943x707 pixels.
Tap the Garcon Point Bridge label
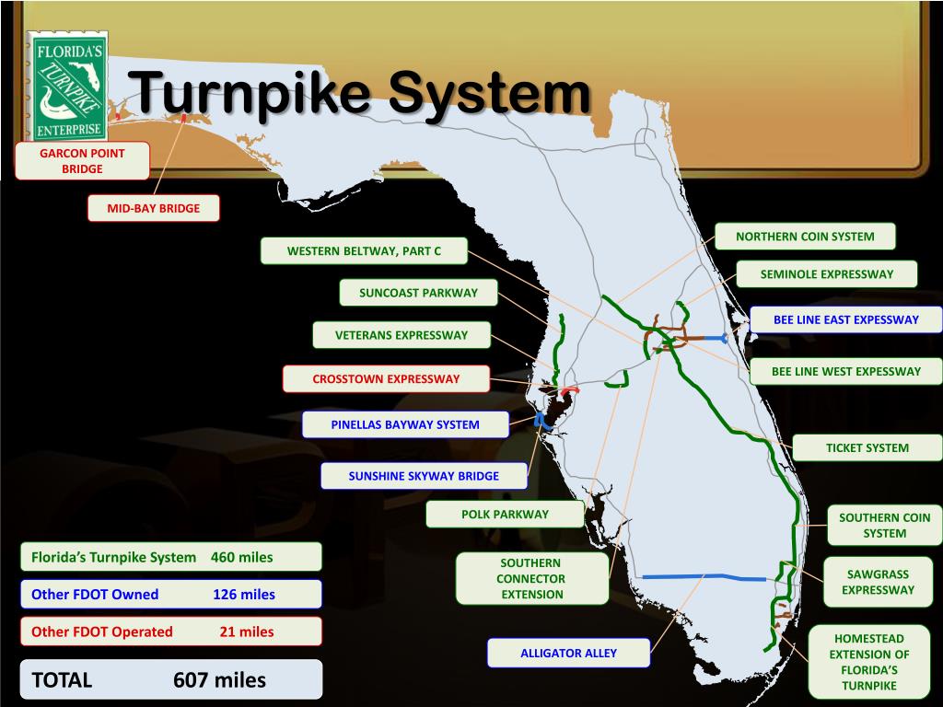(x=82, y=160)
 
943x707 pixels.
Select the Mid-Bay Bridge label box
(x=154, y=209)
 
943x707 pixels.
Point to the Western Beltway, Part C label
(x=364, y=250)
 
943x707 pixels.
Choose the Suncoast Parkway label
(x=419, y=293)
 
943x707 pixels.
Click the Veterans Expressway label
(x=402, y=335)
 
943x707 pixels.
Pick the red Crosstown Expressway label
(x=386, y=378)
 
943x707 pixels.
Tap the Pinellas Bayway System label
(x=405, y=424)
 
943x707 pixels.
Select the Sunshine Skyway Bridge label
(x=424, y=476)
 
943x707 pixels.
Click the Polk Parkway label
(x=505, y=515)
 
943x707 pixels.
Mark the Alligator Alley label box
(x=569, y=654)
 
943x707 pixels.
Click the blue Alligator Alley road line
(x=700, y=577)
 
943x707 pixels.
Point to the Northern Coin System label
(x=805, y=237)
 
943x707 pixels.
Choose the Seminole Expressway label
(x=827, y=274)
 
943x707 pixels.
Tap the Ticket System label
(x=867, y=448)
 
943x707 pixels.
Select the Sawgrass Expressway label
(x=878, y=582)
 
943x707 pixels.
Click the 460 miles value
(x=241, y=557)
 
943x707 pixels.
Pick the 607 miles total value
(x=219, y=680)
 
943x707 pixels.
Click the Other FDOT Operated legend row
(x=171, y=632)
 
